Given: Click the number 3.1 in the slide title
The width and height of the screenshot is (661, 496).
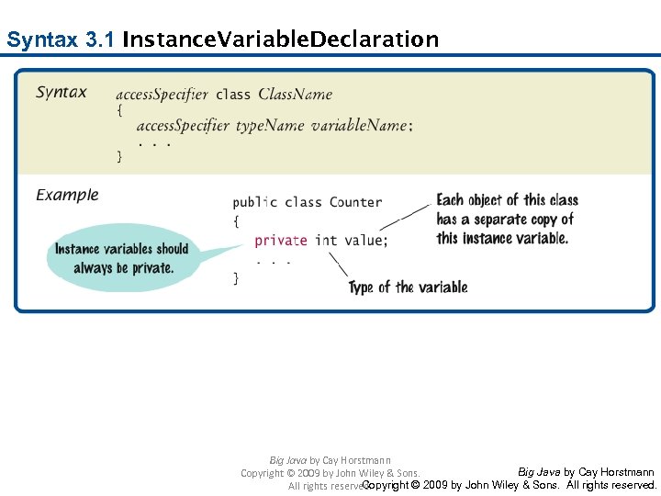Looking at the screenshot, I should tap(98, 40).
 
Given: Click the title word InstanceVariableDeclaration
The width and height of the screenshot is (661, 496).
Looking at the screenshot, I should tap(280, 40).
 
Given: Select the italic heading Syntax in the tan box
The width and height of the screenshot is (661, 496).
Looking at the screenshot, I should tap(62, 92).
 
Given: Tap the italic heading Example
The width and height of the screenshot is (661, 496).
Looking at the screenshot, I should tap(67, 195).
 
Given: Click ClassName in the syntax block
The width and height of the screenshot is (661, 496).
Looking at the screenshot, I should tap(295, 94).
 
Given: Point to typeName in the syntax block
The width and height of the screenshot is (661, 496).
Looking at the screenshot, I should tap(270, 126).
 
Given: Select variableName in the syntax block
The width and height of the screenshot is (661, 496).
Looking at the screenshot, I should tap(361, 126).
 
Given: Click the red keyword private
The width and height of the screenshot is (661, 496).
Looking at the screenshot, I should tap(280, 241).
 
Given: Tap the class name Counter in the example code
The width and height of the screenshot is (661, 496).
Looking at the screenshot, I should tap(355, 202).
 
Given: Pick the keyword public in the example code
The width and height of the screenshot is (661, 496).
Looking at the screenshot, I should tap(254, 202).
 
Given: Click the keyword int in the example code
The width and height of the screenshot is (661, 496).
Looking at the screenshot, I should tap(326, 241).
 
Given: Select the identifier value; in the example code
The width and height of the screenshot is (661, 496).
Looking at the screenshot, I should tap(366, 241).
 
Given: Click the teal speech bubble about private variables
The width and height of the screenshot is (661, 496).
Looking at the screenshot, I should tap(122, 258).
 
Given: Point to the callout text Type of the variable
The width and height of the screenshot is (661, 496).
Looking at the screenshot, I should tap(408, 287).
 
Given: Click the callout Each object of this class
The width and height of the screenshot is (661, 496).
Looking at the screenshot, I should tap(507, 200).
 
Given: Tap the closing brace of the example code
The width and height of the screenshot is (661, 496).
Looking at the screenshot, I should tap(236, 277).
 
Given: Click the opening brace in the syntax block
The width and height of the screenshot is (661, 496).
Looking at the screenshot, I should tap(119, 110).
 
